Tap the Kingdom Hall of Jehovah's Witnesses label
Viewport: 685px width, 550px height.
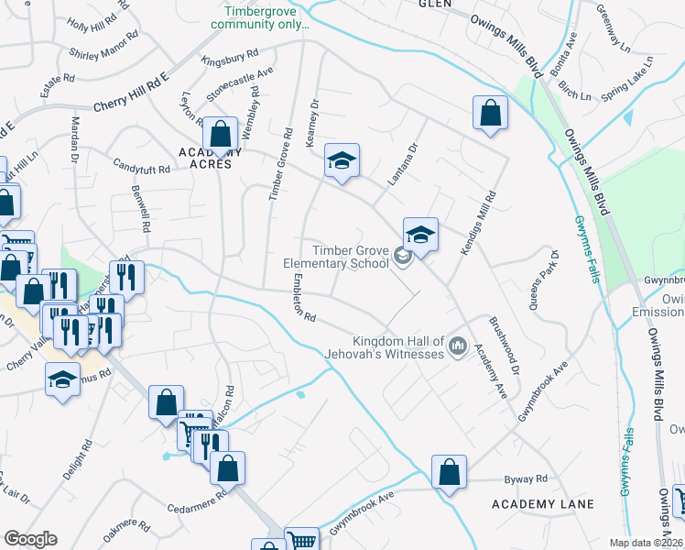pos(385,346)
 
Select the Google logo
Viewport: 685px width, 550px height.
pos(30,539)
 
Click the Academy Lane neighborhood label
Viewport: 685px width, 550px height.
pos(542,504)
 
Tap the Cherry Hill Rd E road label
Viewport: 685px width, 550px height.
pos(130,93)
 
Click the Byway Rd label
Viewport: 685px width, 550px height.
pos(526,478)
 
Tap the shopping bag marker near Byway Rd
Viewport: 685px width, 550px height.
pos(449,473)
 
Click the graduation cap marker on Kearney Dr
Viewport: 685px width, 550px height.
pos(342,161)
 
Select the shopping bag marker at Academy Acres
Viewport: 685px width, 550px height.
pos(220,135)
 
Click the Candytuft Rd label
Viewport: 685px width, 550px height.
pos(142,169)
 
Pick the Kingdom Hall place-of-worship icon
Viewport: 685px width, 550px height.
pos(458,347)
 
